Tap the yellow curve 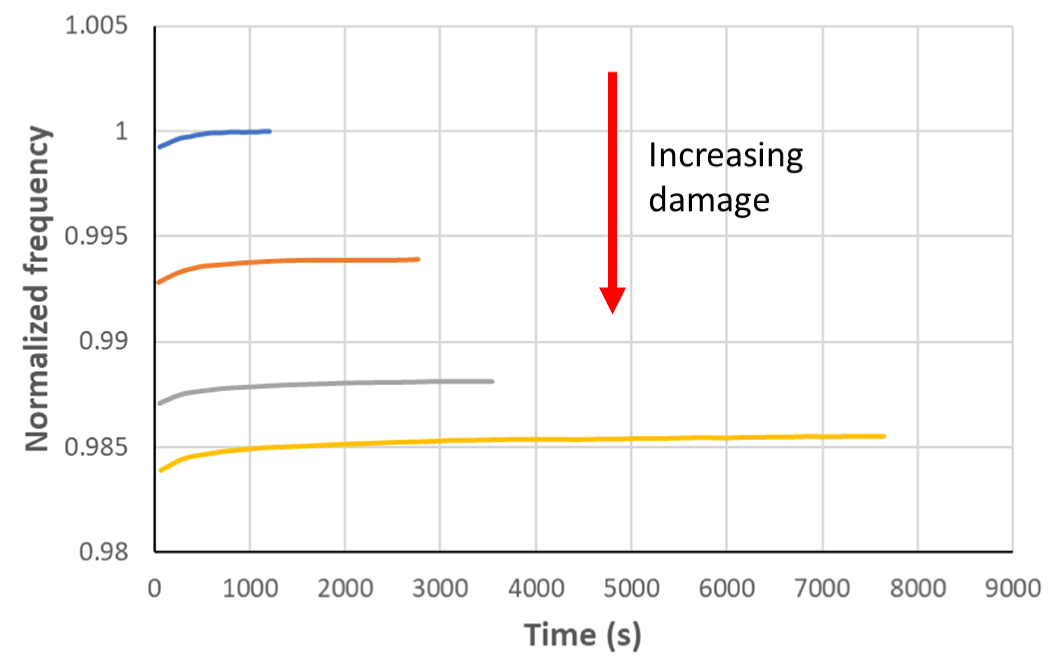(x=536, y=439)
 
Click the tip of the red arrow (x=612, y=312)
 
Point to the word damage (x=709, y=200)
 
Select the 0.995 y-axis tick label (x=96, y=236)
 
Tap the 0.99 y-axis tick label (x=103, y=341)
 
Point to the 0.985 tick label (x=96, y=446)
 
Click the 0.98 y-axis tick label (x=103, y=552)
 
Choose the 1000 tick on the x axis (x=250, y=588)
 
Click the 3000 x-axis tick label (x=440, y=588)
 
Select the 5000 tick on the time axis (x=631, y=588)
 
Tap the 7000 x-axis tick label (x=822, y=588)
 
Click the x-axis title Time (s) (x=583, y=635)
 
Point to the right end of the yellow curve (x=883, y=436)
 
